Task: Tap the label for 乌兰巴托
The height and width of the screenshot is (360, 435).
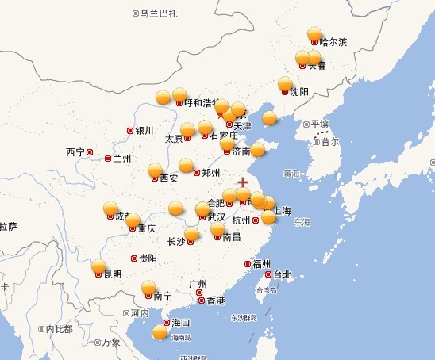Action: point(159,13)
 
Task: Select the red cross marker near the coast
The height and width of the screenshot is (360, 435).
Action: point(243,182)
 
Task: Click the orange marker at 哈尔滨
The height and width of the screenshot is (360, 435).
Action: point(315,34)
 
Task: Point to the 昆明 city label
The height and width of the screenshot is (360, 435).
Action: point(112,274)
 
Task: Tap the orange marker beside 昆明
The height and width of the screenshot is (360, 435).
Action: point(98,266)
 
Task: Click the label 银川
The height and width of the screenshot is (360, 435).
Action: point(144,131)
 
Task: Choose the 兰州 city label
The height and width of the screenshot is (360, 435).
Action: point(121,159)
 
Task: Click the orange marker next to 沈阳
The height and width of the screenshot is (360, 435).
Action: point(286,84)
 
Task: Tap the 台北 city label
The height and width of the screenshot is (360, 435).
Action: point(283,274)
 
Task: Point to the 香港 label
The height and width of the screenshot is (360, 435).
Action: point(215,301)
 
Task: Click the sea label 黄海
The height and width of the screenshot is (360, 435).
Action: point(291,173)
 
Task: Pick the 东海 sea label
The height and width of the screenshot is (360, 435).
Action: point(302,223)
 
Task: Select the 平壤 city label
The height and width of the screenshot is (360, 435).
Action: point(320,124)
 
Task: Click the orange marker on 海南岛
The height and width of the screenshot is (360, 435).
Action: point(160,332)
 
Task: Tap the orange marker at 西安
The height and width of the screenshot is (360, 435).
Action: point(155,170)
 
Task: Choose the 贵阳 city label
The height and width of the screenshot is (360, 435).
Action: point(148,258)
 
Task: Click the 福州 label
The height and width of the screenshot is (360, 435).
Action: point(262,263)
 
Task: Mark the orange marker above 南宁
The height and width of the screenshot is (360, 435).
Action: point(148,287)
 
